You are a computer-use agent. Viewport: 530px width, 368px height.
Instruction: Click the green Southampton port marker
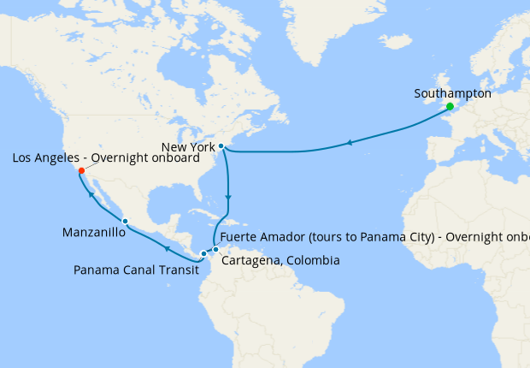450,107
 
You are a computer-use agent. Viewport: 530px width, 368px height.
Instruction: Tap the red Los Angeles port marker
81,171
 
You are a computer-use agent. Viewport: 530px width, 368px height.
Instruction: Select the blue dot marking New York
221,146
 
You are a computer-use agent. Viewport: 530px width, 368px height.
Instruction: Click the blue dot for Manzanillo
125,222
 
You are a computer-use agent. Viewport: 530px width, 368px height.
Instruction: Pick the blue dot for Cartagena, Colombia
215,250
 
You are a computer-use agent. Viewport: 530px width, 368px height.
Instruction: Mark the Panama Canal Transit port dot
203,253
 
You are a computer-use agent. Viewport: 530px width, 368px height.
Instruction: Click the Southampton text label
452,93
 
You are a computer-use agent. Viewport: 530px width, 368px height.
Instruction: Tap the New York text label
187,147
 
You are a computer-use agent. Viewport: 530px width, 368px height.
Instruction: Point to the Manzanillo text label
95,232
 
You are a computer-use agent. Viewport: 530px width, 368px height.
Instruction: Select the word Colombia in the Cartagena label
314,260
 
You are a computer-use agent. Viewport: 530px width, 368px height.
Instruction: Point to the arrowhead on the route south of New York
227,199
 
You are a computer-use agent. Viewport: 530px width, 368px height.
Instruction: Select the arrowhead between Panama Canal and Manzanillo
167,248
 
